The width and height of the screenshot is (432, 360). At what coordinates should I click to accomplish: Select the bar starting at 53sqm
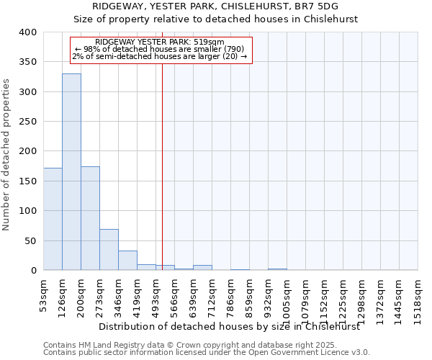53,219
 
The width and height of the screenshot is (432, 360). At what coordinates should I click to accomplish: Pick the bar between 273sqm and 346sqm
109,249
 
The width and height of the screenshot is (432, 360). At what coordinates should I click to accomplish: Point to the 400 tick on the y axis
27,32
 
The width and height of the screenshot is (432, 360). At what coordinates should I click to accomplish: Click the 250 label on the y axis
27,122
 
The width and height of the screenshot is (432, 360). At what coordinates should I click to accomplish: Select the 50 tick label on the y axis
30,240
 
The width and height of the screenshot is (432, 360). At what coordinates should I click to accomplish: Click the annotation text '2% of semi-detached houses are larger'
160,56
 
